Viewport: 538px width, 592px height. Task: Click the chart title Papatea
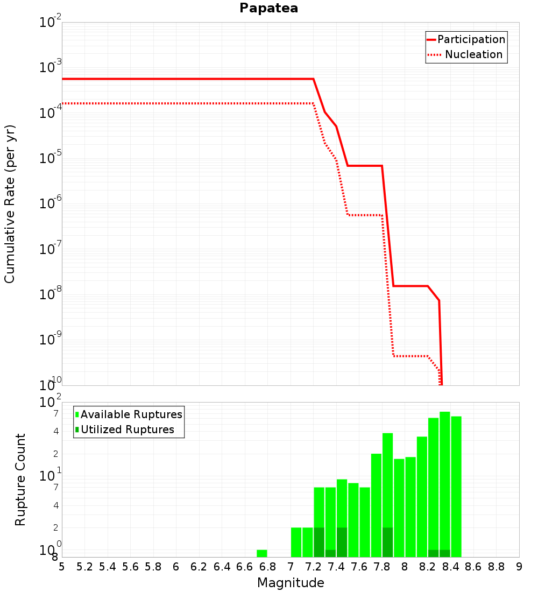(269, 8)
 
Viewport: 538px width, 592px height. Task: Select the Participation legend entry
(466, 39)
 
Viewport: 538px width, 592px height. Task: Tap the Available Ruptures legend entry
(129, 414)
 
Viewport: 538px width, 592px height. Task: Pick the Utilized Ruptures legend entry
(125, 429)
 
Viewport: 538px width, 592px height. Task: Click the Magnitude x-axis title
(291, 582)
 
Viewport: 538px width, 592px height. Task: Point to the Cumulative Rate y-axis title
(10, 204)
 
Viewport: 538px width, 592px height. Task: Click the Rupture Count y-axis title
(20, 480)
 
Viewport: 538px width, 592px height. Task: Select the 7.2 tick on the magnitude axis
(313, 567)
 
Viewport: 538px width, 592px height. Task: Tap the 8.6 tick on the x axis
(473, 567)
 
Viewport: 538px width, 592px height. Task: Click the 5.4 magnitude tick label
(107, 567)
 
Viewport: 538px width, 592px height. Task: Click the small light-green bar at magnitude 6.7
(262, 553)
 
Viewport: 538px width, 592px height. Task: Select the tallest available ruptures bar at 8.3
(445, 484)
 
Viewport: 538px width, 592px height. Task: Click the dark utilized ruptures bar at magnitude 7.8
(387, 542)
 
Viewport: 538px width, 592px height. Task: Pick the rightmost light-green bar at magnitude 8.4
(456, 487)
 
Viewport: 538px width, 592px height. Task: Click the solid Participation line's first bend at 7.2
(313, 79)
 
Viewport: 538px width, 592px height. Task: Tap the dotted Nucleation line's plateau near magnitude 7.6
(365, 215)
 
